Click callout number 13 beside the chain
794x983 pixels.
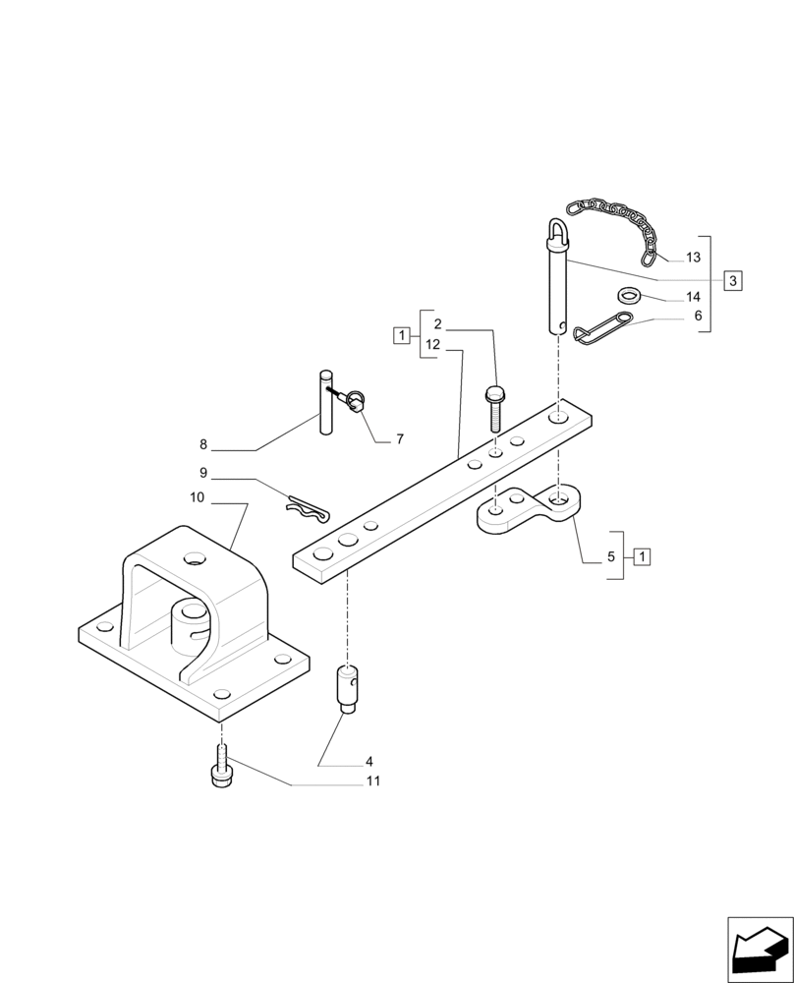coord(693,258)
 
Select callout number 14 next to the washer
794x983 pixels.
coord(693,297)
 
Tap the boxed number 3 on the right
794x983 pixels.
coord(733,280)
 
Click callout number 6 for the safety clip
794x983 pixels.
coord(697,317)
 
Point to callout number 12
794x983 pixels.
coord(433,346)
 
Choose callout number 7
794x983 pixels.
coord(399,439)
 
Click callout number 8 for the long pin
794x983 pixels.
coord(203,443)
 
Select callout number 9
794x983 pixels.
coord(202,473)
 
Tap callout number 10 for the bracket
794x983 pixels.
coord(197,498)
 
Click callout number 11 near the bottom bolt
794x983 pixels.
coord(372,781)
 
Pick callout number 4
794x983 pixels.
coord(369,761)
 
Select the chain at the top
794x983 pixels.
coord(615,220)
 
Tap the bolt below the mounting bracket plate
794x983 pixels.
coord(221,767)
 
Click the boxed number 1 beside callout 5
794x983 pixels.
coord(641,556)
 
